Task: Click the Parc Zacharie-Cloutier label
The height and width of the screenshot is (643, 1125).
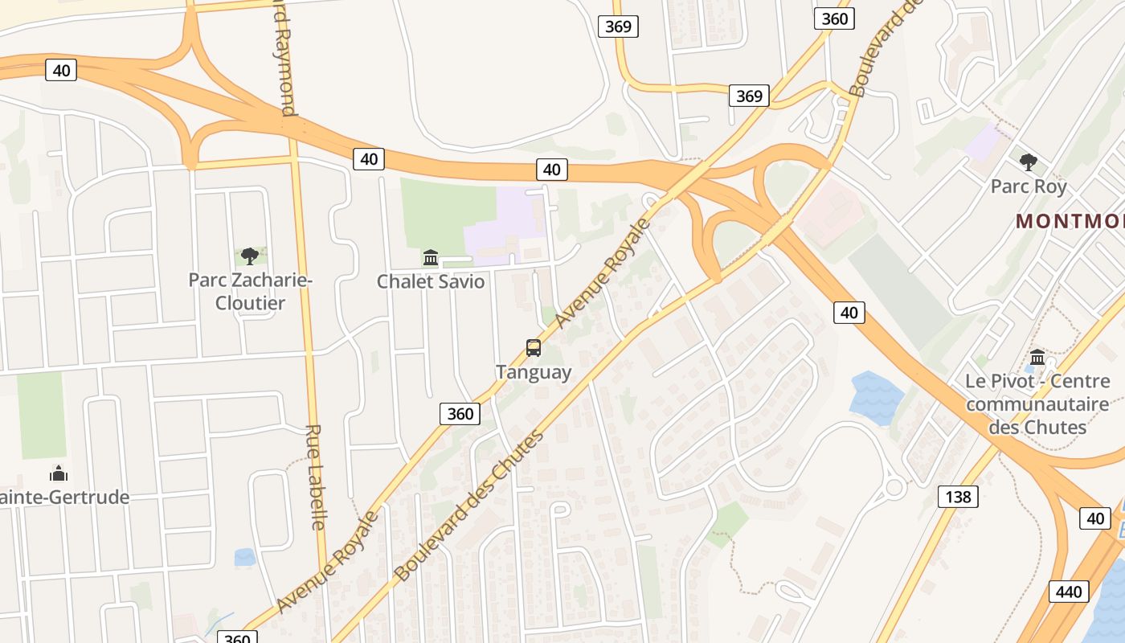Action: [x=249, y=291]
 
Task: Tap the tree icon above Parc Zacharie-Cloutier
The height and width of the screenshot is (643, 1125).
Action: [x=250, y=256]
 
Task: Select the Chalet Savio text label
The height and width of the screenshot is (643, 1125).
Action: [x=431, y=281]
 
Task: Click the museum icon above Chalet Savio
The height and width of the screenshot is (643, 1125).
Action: [x=431, y=258]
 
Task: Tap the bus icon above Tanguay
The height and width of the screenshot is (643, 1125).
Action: [x=534, y=348]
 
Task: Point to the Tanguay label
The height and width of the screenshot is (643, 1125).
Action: [x=534, y=372]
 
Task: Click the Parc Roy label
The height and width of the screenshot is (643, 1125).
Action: [x=1029, y=186]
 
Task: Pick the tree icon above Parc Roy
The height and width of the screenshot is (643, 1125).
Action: [x=1028, y=162]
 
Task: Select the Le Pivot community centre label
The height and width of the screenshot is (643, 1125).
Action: [x=1037, y=403]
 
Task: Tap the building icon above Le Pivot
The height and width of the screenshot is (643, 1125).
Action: [x=1037, y=357]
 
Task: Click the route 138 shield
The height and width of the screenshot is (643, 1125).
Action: [x=958, y=497]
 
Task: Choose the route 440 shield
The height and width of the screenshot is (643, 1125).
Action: [x=1069, y=592]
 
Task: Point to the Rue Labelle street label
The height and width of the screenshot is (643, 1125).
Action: [x=316, y=477]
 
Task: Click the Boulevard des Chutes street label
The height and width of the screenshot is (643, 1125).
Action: [x=470, y=506]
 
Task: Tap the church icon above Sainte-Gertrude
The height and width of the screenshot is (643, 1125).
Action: [x=59, y=473]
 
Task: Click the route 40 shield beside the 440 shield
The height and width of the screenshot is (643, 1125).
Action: [x=1096, y=518]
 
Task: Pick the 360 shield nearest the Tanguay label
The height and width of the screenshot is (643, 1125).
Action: [x=460, y=414]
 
